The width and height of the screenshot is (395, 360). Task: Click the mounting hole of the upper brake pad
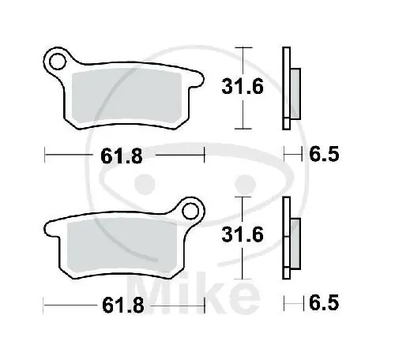[57, 61]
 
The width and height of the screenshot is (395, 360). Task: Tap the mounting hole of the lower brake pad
[190, 211]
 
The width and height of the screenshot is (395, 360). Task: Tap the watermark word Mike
[194, 294]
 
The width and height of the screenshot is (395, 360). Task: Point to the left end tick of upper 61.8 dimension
[46, 156]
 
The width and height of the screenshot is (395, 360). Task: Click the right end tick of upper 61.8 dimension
[205, 156]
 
